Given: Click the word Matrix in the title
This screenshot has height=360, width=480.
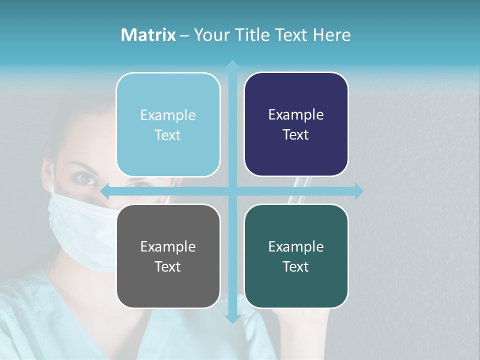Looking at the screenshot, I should point(148,35).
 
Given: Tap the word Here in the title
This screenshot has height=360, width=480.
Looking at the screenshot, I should point(331,35).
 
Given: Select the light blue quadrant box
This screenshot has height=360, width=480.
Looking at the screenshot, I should point(168,124).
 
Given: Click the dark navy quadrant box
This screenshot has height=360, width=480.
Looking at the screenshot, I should point(296,124).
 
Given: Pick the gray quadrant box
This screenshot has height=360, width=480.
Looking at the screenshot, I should point(168,256).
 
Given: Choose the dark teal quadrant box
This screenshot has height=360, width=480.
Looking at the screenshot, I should point(296,256).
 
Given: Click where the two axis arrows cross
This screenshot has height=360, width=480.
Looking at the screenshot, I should point(232,191).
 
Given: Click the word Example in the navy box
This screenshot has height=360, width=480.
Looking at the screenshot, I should point(296,115).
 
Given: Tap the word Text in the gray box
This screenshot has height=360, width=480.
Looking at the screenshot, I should point(168,266).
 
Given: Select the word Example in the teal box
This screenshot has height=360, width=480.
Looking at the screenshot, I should point(296,246).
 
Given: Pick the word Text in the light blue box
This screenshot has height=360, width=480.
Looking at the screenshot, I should point(168,135).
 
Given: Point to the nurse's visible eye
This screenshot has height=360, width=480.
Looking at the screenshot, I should point(86,178).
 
